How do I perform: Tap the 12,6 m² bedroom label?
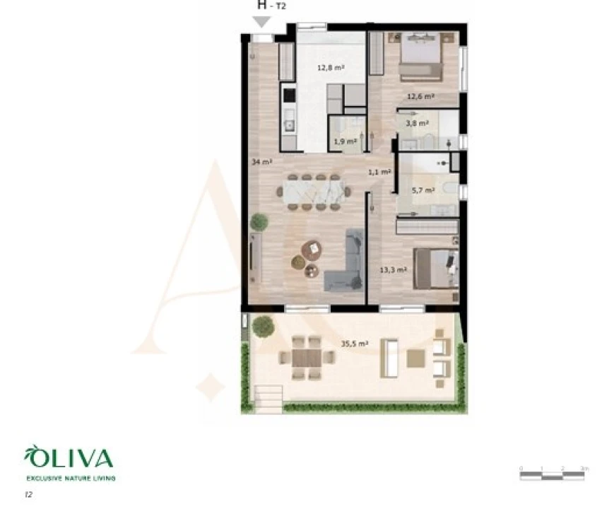pyautogui.click(x=420, y=96)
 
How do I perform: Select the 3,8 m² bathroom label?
pyautogui.click(x=416, y=123)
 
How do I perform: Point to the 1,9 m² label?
pyautogui.click(x=345, y=140)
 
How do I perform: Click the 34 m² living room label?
pyautogui.click(x=261, y=162)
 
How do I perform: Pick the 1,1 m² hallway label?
pyautogui.click(x=379, y=172)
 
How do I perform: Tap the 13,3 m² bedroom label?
pyautogui.click(x=393, y=270)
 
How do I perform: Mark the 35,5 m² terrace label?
pyautogui.click(x=355, y=344)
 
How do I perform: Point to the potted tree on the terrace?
pyautogui.click(x=263, y=326)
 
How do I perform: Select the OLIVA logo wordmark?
pyautogui.click(x=69, y=459)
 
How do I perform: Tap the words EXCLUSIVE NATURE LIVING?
pyautogui.click(x=70, y=479)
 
